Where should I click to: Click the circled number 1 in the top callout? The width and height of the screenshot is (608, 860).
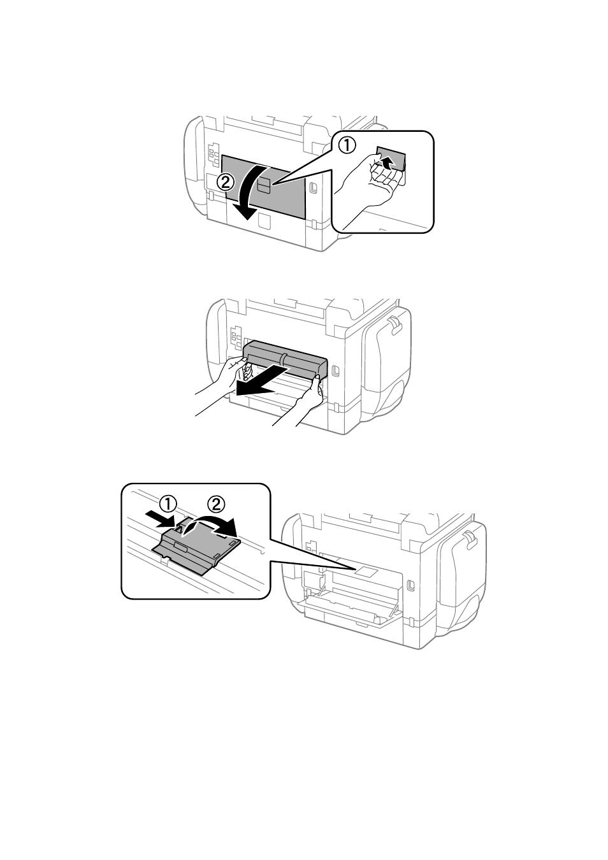point(346,147)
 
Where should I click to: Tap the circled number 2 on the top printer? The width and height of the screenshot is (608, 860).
point(226,182)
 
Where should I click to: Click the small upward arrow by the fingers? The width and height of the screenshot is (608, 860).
point(387,163)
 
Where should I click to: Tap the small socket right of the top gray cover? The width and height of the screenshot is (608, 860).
point(313,187)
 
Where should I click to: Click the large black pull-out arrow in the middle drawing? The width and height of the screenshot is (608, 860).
point(261,381)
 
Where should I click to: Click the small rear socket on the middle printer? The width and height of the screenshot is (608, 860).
point(335,370)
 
